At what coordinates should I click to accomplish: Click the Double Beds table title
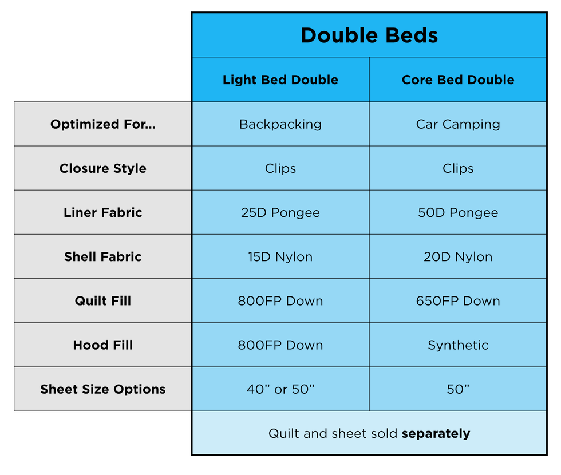tap(369, 35)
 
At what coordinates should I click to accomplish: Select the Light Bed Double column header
tap(280, 80)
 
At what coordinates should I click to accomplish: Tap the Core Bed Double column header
tap(458, 80)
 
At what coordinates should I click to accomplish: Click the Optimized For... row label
tap(103, 124)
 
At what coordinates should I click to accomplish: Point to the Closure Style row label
tap(103, 168)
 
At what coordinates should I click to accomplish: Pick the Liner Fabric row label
tap(103, 212)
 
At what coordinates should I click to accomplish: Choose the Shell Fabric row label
tap(103, 257)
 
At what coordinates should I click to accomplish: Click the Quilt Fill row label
tap(103, 301)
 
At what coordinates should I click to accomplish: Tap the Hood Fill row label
tap(103, 345)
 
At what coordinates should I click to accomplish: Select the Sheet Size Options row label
tap(103, 389)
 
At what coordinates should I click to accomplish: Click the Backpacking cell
tap(280, 125)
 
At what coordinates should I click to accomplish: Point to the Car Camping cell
tap(458, 125)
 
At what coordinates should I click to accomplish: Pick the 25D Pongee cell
tap(280, 213)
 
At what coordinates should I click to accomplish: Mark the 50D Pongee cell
tap(458, 213)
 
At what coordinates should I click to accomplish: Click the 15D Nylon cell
tap(280, 257)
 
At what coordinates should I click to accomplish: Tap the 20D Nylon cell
tap(458, 257)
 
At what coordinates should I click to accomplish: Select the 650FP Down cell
tap(458, 301)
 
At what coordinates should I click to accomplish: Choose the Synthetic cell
tap(458, 345)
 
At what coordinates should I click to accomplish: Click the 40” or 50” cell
tap(280, 389)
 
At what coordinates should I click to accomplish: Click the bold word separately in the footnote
tap(436, 434)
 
